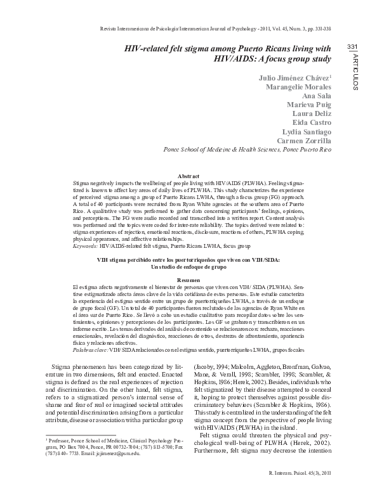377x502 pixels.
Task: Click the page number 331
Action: (x=354, y=49)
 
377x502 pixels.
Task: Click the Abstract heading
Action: (x=189, y=175)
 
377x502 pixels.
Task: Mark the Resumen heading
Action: (x=189, y=280)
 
